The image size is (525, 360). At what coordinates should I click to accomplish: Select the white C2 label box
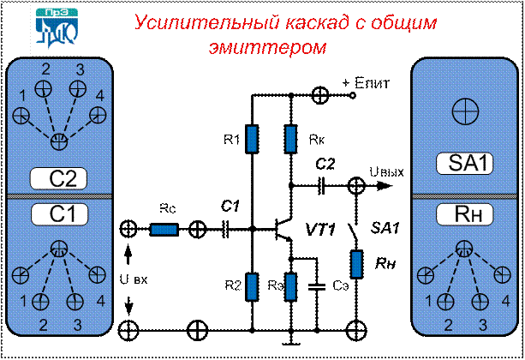click(x=59, y=178)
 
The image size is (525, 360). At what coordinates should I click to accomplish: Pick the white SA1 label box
click(x=464, y=163)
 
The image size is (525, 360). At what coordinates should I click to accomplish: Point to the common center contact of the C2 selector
click(x=59, y=140)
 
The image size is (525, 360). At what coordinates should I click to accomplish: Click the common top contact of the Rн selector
click(x=463, y=249)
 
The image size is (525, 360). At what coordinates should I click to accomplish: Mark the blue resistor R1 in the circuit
click(x=252, y=138)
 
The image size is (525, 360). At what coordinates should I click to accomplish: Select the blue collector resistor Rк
click(x=292, y=137)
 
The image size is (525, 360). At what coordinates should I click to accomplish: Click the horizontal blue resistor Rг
click(x=164, y=229)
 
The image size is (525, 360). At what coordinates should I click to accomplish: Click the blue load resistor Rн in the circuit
click(x=358, y=263)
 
